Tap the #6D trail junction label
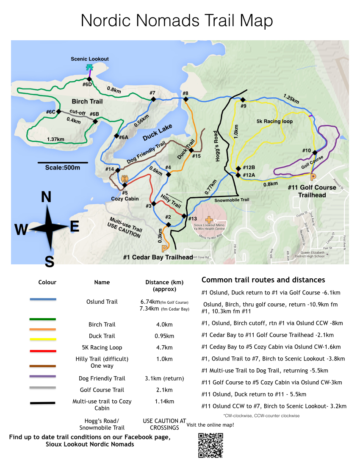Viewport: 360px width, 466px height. tap(87, 84)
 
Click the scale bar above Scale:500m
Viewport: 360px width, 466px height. tap(63, 162)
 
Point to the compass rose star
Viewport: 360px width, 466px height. tap(49, 227)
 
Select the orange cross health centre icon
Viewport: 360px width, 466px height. tap(208, 219)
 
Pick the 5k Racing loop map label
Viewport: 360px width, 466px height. tap(274, 122)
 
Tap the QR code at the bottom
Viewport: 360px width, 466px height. tap(210, 445)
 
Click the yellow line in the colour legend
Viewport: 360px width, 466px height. tap(43, 339)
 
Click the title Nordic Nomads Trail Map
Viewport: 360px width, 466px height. tap(177, 20)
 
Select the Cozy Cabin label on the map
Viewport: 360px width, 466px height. tap(125, 198)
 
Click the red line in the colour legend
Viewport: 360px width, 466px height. tap(43, 351)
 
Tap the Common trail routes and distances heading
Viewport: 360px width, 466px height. tap(263, 280)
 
